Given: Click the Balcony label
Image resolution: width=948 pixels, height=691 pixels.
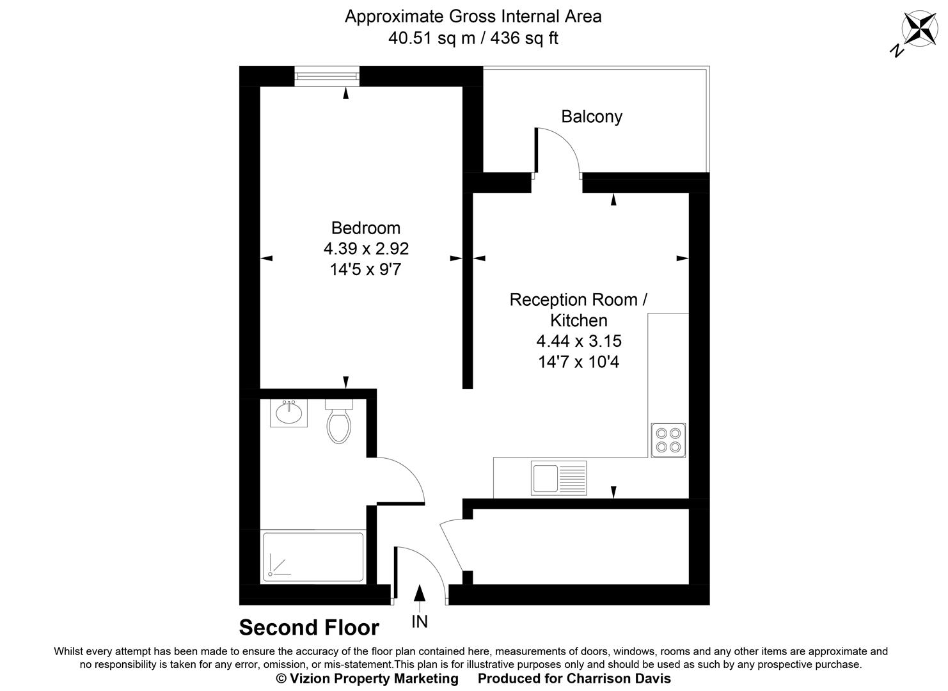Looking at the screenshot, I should pyautogui.click(x=591, y=116).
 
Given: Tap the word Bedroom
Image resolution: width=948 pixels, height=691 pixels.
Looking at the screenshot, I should pyautogui.click(x=365, y=228).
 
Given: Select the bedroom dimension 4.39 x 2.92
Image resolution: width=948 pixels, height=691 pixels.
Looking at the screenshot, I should pyautogui.click(x=365, y=248).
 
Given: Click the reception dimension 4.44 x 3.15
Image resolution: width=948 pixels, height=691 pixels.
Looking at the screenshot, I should pyautogui.click(x=579, y=341).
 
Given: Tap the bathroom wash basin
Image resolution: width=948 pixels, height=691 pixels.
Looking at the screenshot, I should pyautogui.click(x=288, y=413).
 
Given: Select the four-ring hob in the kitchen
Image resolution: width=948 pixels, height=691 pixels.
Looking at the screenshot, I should pyautogui.click(x=668, y=440).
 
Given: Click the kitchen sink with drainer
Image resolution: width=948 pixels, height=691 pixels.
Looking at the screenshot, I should pyautogui.click(x=558, y=478).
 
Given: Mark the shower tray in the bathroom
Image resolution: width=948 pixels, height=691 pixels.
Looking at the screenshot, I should pyautogui.click(x=313, y=557).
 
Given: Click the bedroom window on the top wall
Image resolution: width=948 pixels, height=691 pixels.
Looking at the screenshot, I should pyautogui.click(x=327, y=77).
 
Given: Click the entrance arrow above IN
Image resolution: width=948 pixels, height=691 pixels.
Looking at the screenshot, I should pyautogui.click(x=420, y=594).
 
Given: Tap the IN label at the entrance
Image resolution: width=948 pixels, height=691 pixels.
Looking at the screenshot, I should pyautogui.click(x=420, y=621).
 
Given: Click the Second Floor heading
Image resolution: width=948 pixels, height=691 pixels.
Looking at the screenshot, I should pyautogui.click(x=309, y=628).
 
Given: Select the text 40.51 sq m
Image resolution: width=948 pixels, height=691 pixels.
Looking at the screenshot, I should pyautogui.click(x=432, y=38).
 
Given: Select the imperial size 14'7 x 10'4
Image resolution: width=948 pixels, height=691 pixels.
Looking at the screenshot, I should pyautogui.click(x=579, y=362).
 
